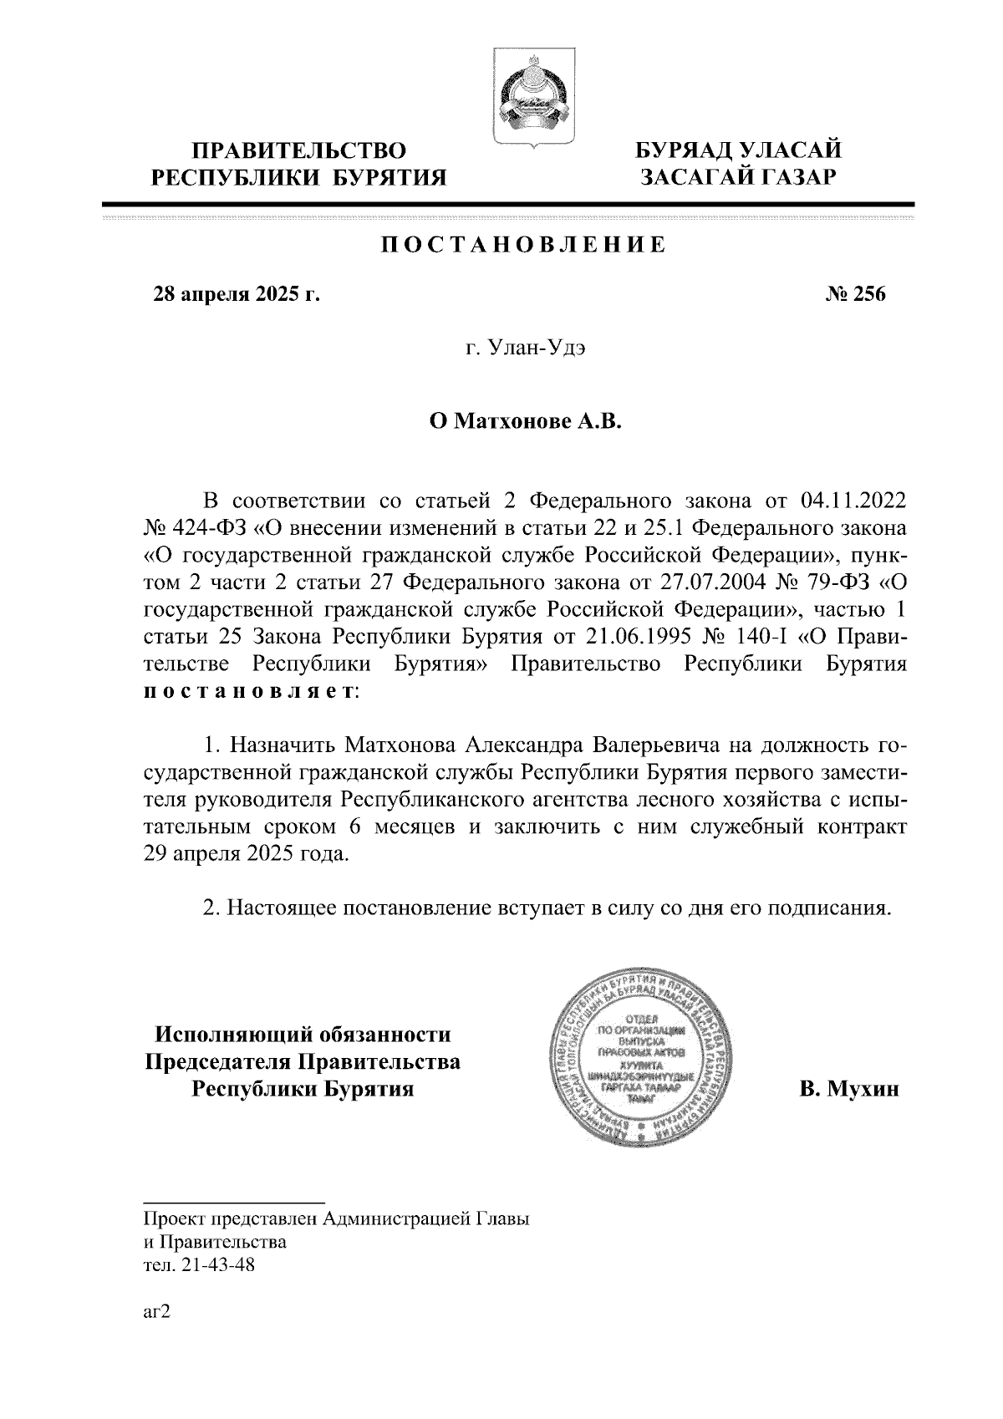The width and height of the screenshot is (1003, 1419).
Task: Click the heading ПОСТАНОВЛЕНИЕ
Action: point(525,245)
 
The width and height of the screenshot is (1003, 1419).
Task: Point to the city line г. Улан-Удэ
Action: point(525,349)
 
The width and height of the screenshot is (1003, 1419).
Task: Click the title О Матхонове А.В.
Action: point(526,423)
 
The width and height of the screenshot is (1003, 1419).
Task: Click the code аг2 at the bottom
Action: point(156,1312)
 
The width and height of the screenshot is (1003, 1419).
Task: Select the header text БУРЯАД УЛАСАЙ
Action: point(738,150)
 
